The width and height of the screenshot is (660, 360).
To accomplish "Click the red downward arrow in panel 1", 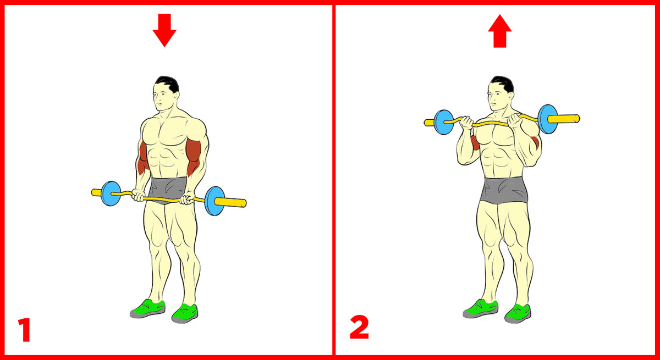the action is [x=164, y=30].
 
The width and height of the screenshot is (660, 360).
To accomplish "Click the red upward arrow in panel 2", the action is [x=500, y=31].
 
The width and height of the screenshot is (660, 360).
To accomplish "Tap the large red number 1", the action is [x=25, y=330].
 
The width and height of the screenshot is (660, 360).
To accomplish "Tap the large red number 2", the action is [x=359, y=328].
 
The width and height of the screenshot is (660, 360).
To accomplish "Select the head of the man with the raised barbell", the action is [x=501, y=93].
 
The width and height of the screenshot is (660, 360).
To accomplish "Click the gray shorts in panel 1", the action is [x=168, y=189].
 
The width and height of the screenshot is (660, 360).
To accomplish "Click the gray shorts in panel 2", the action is [x=504, y=190].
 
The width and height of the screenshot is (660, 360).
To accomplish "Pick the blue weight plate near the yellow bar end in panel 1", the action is [x=214, y=201].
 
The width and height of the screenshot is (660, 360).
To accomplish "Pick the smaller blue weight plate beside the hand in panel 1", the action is [x=111, y=193].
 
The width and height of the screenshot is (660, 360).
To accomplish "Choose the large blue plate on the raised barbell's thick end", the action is [x=547, y=119].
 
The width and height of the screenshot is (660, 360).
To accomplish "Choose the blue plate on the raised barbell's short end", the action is [x=444, y=122].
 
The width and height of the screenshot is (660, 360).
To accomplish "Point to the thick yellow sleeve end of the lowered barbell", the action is [x=230, y=202].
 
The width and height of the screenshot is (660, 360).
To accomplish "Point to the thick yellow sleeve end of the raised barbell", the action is [x=563, y=119].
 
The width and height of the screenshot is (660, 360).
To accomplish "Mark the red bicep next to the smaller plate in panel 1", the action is [x=143, y=158].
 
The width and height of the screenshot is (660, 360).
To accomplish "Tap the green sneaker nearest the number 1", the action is [x=147, y=309].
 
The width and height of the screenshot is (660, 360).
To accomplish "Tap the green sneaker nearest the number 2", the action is [x=481, y=309].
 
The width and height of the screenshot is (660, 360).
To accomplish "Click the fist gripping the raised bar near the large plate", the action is [x=515, y=120].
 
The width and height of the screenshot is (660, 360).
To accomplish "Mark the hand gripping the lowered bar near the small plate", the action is [x=138, y=195].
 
